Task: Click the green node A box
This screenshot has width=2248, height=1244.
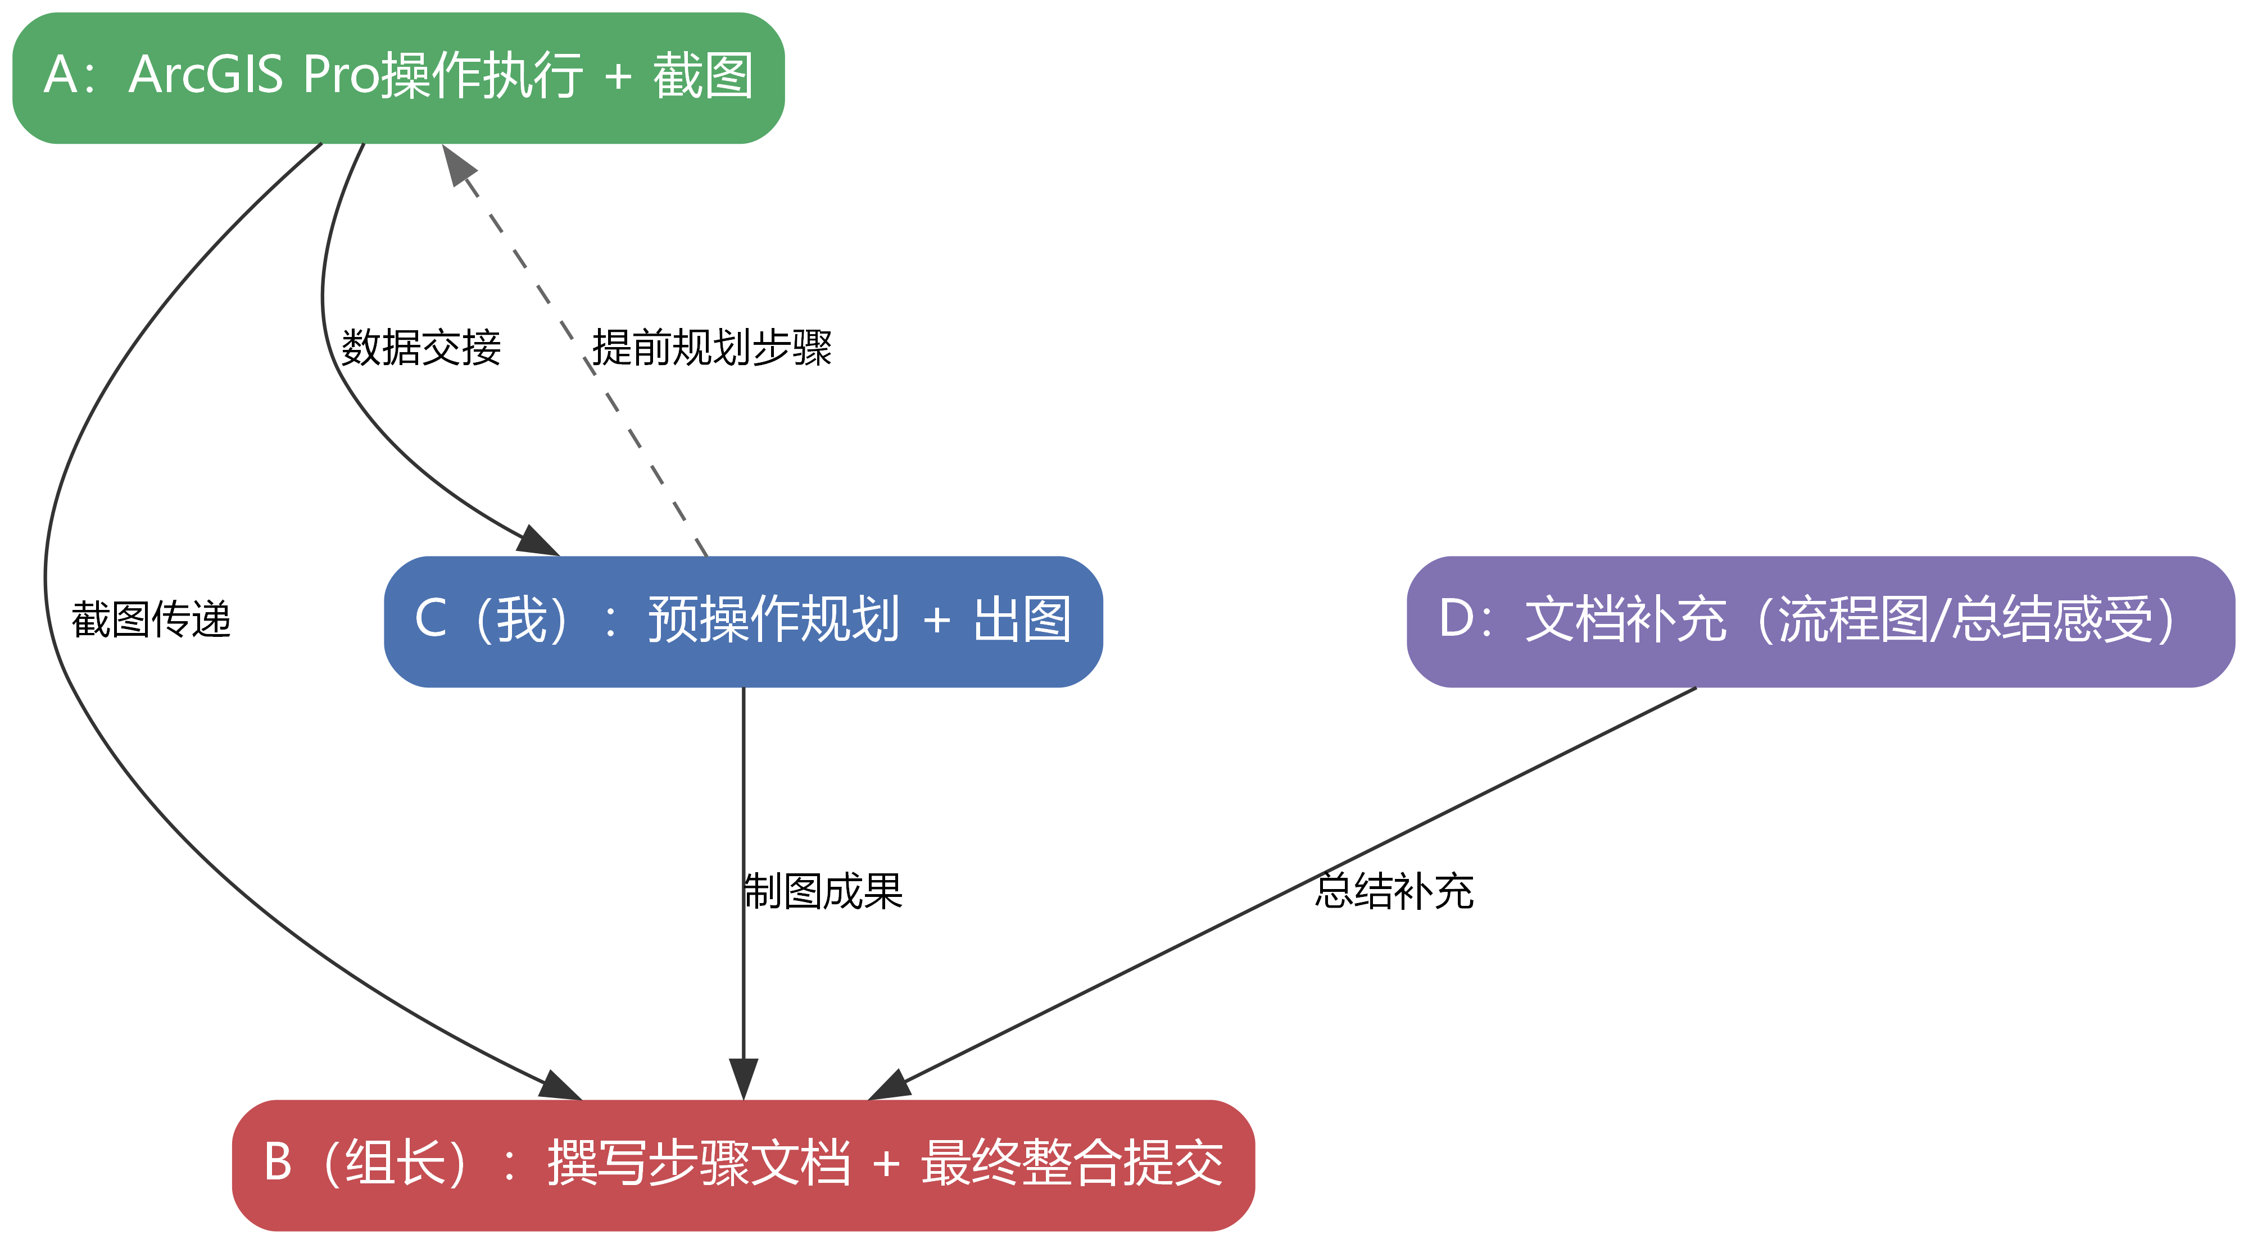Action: pos(398,77)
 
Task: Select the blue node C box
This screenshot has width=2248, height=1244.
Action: pos(742,621)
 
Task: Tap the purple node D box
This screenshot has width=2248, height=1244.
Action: pos(1820,621)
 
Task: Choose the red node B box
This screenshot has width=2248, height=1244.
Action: pos(742,1165)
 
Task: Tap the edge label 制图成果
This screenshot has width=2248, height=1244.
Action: pos(823,891)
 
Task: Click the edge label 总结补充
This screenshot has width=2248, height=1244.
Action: pos(1394,891)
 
